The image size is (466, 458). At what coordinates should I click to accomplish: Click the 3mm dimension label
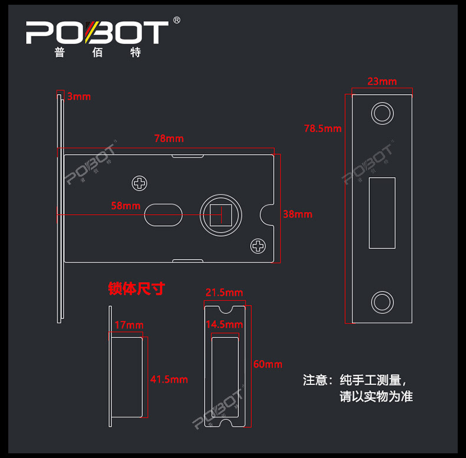(79, 97)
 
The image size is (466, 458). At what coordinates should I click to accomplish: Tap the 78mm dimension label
(169, 138)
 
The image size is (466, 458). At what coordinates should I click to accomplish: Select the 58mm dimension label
(126, 205)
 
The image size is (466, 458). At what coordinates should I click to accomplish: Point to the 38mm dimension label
(297, 214)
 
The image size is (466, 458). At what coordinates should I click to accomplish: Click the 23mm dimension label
(382, 81)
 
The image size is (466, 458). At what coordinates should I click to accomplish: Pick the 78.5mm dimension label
(323, 128)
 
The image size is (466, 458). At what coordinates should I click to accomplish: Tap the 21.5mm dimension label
(224, 293)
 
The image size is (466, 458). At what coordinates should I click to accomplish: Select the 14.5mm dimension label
(224, 324)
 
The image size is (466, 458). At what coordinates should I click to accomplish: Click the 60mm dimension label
(268, 364)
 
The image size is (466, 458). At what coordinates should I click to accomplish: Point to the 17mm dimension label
(129, 325)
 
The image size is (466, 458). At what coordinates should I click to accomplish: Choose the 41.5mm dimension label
(169, 379)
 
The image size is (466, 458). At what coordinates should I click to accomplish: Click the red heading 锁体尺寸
(136, 288)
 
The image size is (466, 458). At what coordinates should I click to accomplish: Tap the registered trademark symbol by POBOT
(176, 20)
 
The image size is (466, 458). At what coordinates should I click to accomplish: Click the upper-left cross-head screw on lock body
(139, 183)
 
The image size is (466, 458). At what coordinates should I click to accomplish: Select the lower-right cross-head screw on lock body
(258, 246)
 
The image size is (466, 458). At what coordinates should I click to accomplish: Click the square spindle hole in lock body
(221, 215)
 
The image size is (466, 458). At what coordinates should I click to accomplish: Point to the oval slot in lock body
(163, 215)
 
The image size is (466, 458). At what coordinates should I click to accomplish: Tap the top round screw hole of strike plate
(382, 114)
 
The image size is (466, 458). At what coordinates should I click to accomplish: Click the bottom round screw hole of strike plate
(382, 302)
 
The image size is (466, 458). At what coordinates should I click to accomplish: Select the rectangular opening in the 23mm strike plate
(382, 213)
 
